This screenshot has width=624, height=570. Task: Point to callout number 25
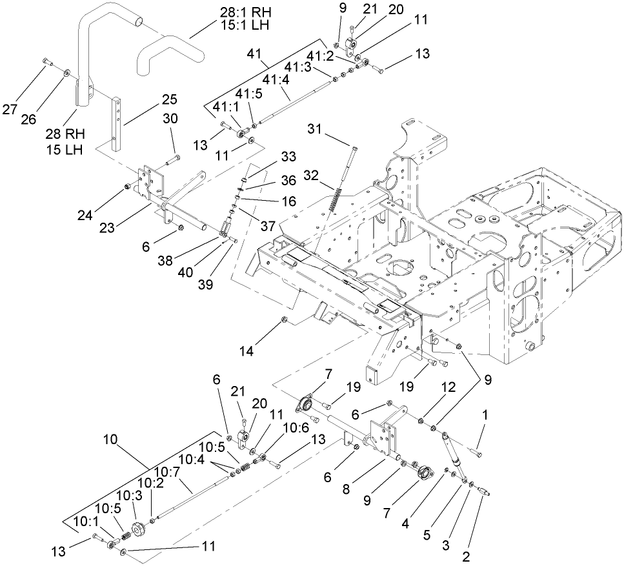point(170,99)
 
